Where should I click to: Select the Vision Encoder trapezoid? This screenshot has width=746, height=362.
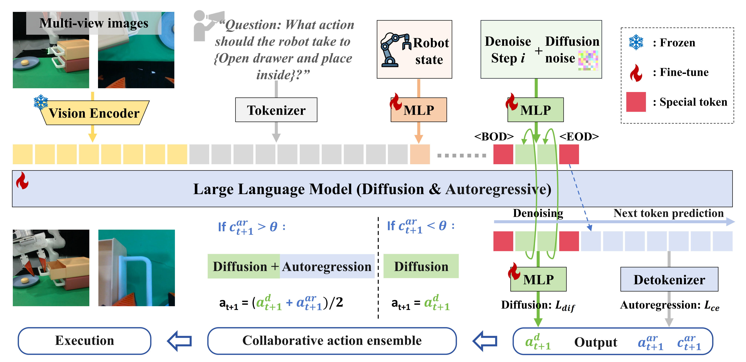[x=94, y=113]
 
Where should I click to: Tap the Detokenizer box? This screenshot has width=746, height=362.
[x=669, y=279]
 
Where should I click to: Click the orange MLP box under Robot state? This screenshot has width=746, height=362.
[x=419, y=110]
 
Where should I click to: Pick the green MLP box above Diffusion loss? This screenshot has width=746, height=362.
[x=538, y=279]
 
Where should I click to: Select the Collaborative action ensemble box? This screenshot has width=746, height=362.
[x=332, y=341]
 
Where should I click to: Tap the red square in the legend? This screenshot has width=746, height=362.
[x=636, y=102]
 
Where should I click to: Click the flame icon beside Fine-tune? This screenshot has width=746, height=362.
[x=636, y=73]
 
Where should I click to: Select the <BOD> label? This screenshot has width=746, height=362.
[x=494, y=136]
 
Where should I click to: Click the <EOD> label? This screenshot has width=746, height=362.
[x=579, y=136]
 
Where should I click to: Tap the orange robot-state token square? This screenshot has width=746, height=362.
[x=420, y=154]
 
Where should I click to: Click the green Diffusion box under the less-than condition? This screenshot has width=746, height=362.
[x=421, y=266]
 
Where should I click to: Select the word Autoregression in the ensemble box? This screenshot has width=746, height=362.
[x=327, y=266]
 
